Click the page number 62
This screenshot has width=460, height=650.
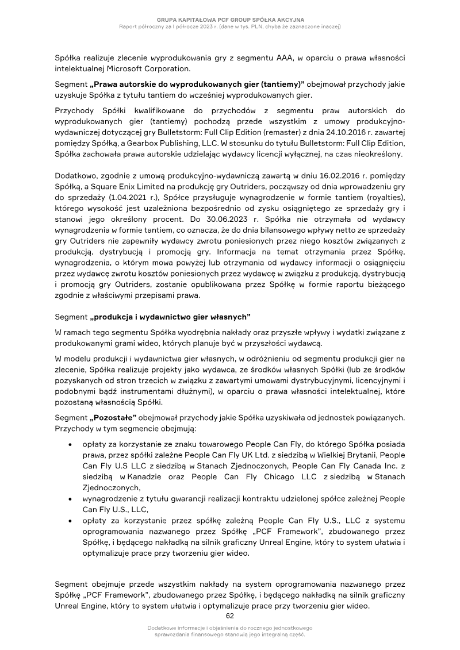coord(229,616)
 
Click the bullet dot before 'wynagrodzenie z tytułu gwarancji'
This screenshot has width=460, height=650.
coord(70,498)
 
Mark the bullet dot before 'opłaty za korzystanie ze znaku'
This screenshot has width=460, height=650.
coord(70,444)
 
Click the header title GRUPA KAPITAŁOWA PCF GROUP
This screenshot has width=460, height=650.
coord(230,19)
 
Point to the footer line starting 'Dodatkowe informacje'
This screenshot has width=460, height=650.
coord(230,629)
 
